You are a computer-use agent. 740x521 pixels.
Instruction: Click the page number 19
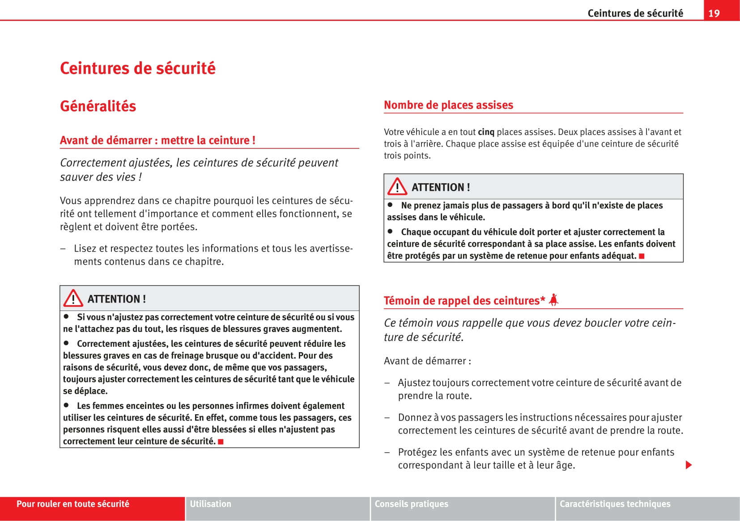pyautogui.click(x=714, y=13)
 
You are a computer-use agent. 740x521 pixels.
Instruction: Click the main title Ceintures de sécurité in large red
pyautogui.click(x=137, y=68)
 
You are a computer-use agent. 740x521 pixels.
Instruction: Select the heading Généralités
pyautogui.click(x=98, y=106)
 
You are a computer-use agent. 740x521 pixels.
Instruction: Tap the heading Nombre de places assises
pyautogui.click(x=448, y=105)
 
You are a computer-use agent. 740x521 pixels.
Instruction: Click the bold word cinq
pyautogui.click(x=486, y=132)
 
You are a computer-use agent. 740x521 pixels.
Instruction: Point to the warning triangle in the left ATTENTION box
pyautogui.click(x=73, y=298)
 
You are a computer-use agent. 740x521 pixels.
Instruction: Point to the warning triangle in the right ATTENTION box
pyautogui.click(x=397, y=187)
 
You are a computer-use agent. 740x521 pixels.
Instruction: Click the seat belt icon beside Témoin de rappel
pyautogui.click(x=554, y=300)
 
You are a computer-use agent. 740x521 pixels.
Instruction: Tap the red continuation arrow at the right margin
pyautogui.click(x=689, y=465)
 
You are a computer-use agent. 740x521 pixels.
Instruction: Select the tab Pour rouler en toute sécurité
pyautogui.click(x=73, y=504)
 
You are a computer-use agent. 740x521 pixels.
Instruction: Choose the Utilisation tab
pyautogui.click(x=210, y=504)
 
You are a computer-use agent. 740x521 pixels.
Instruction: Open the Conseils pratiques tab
pyautogui.click(x=411, y=504)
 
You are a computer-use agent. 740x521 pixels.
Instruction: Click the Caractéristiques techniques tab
pyautogui.click(x=615, y=504)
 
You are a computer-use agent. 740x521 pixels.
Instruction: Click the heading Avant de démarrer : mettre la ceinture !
pyautogui.click(x=157, y=140)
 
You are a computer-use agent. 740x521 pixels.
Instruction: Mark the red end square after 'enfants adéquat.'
pyautogui.click(x=642, y=256)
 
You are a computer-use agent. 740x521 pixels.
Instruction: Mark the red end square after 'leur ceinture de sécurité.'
pyautogui.click(x=221, y=442)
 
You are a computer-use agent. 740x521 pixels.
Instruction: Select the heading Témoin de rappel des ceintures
pyautogui.click(x=464, y=301)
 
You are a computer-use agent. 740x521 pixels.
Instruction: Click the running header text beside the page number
pyautogui.click(x=635, y=13)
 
